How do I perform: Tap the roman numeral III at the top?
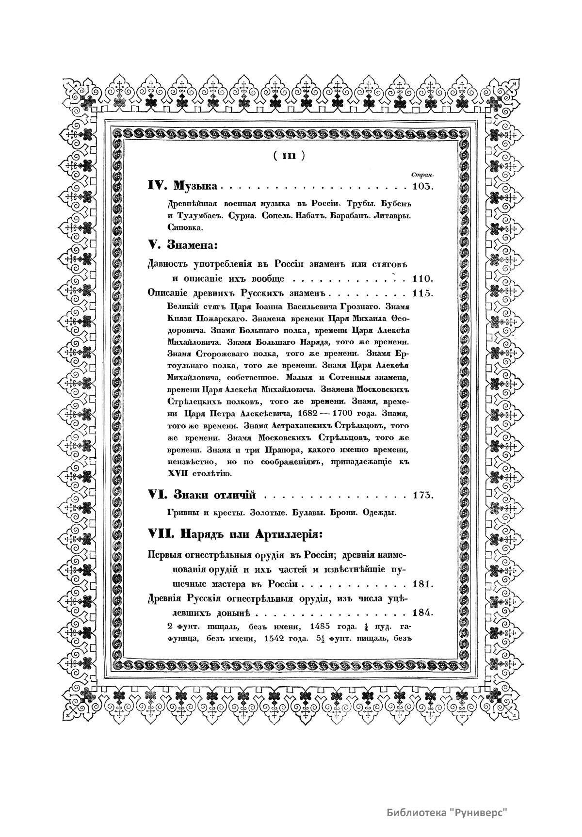point(289,156)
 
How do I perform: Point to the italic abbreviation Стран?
point(421,174)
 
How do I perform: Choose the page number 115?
point(421,293)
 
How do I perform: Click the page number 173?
point(421,495)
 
